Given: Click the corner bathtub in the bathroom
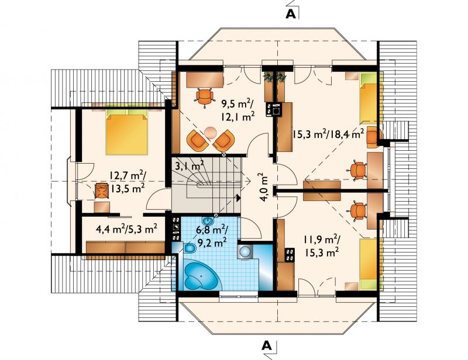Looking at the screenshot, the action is click(x=201, y=274).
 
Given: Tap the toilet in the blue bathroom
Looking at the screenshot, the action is click(x=188, y=248).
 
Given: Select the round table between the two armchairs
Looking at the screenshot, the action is click(x=211, y=133).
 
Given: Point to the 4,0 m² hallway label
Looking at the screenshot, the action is click(x=264, y=188).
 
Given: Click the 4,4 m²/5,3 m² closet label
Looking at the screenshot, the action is click(x=127, y=229).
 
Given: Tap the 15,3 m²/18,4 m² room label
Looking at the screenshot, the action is click(x=328, y=135).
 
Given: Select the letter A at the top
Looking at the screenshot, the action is click(x=291, y=14).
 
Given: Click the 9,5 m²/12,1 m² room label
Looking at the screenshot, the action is click(x=238, y=110).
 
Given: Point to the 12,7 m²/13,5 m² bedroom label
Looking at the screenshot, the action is click(x=128, y=182).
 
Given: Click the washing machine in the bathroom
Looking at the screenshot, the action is click(x=246, y=251).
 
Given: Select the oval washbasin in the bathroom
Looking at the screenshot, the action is click(x=208, y=221).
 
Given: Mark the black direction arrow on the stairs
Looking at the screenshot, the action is click(x=238, y=198).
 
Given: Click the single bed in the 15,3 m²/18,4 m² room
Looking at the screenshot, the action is click(x=369, y=99).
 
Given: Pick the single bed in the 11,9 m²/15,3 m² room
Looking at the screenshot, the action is click(x=369, y=264).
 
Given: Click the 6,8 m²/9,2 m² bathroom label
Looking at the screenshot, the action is click(x=212, y=236).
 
